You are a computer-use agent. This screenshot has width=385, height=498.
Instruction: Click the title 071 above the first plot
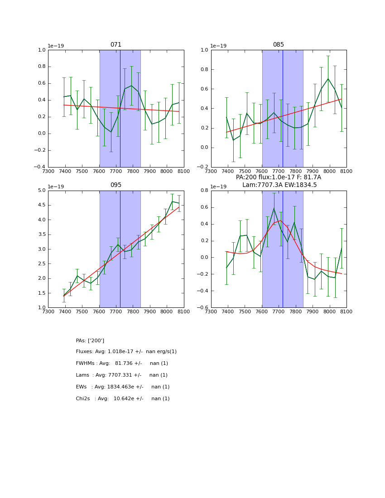point(116,45)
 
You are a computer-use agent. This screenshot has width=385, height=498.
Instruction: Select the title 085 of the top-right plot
point(278,45)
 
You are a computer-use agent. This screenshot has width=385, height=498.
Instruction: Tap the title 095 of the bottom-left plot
point(116,185)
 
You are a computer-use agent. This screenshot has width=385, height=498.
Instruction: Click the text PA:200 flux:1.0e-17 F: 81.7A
point(278,177)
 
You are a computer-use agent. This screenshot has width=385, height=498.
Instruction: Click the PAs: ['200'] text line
point(90,340)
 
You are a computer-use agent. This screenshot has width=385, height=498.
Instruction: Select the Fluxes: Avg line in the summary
point(126,352)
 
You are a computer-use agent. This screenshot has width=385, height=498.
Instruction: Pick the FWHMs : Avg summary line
point(122,364)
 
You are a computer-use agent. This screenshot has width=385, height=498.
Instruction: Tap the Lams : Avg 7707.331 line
point(121,375)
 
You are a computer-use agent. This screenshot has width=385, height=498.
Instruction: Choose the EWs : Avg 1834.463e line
point(122,387)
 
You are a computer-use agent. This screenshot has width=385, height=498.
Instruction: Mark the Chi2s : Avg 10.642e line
point(122,399)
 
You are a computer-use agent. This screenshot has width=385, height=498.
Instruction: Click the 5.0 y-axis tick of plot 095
point(42,191)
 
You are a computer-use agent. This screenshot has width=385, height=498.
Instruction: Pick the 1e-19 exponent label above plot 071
point(56,46)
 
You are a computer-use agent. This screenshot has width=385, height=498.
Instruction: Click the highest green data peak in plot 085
point(328,79)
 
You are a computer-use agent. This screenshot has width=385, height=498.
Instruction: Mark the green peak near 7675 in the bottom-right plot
point(274,208)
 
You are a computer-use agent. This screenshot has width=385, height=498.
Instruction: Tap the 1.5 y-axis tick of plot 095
point(42,293)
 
